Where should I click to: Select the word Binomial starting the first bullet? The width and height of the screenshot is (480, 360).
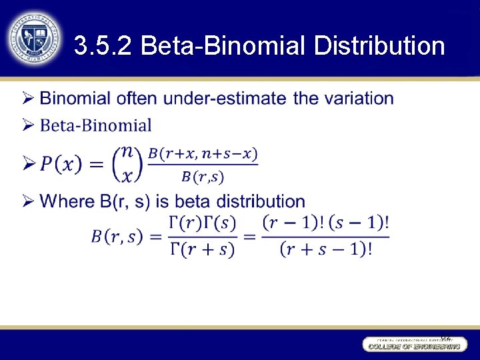(x=75, y=99)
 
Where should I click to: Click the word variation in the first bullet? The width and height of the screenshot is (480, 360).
(x=358, y=99)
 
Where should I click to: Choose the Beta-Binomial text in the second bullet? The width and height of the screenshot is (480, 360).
(x=96, y=125)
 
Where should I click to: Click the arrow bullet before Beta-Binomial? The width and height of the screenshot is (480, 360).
(x=28, y=125)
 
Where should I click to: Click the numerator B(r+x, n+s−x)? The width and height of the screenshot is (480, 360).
(x=203, y=153)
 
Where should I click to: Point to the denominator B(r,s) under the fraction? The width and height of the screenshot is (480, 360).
(x=203, y=177)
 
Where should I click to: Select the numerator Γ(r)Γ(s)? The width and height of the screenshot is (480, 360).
(x=203, y=223)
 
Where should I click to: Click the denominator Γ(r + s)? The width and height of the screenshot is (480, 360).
(x=203, y=249)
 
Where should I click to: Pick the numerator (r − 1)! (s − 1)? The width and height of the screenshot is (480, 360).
(x=325, y=223)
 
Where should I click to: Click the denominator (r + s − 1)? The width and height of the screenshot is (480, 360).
(x=325, y=249)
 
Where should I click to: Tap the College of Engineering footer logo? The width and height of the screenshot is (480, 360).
(x=414, y=344)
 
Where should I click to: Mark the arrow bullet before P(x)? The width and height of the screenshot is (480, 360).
(x=28, y=163)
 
